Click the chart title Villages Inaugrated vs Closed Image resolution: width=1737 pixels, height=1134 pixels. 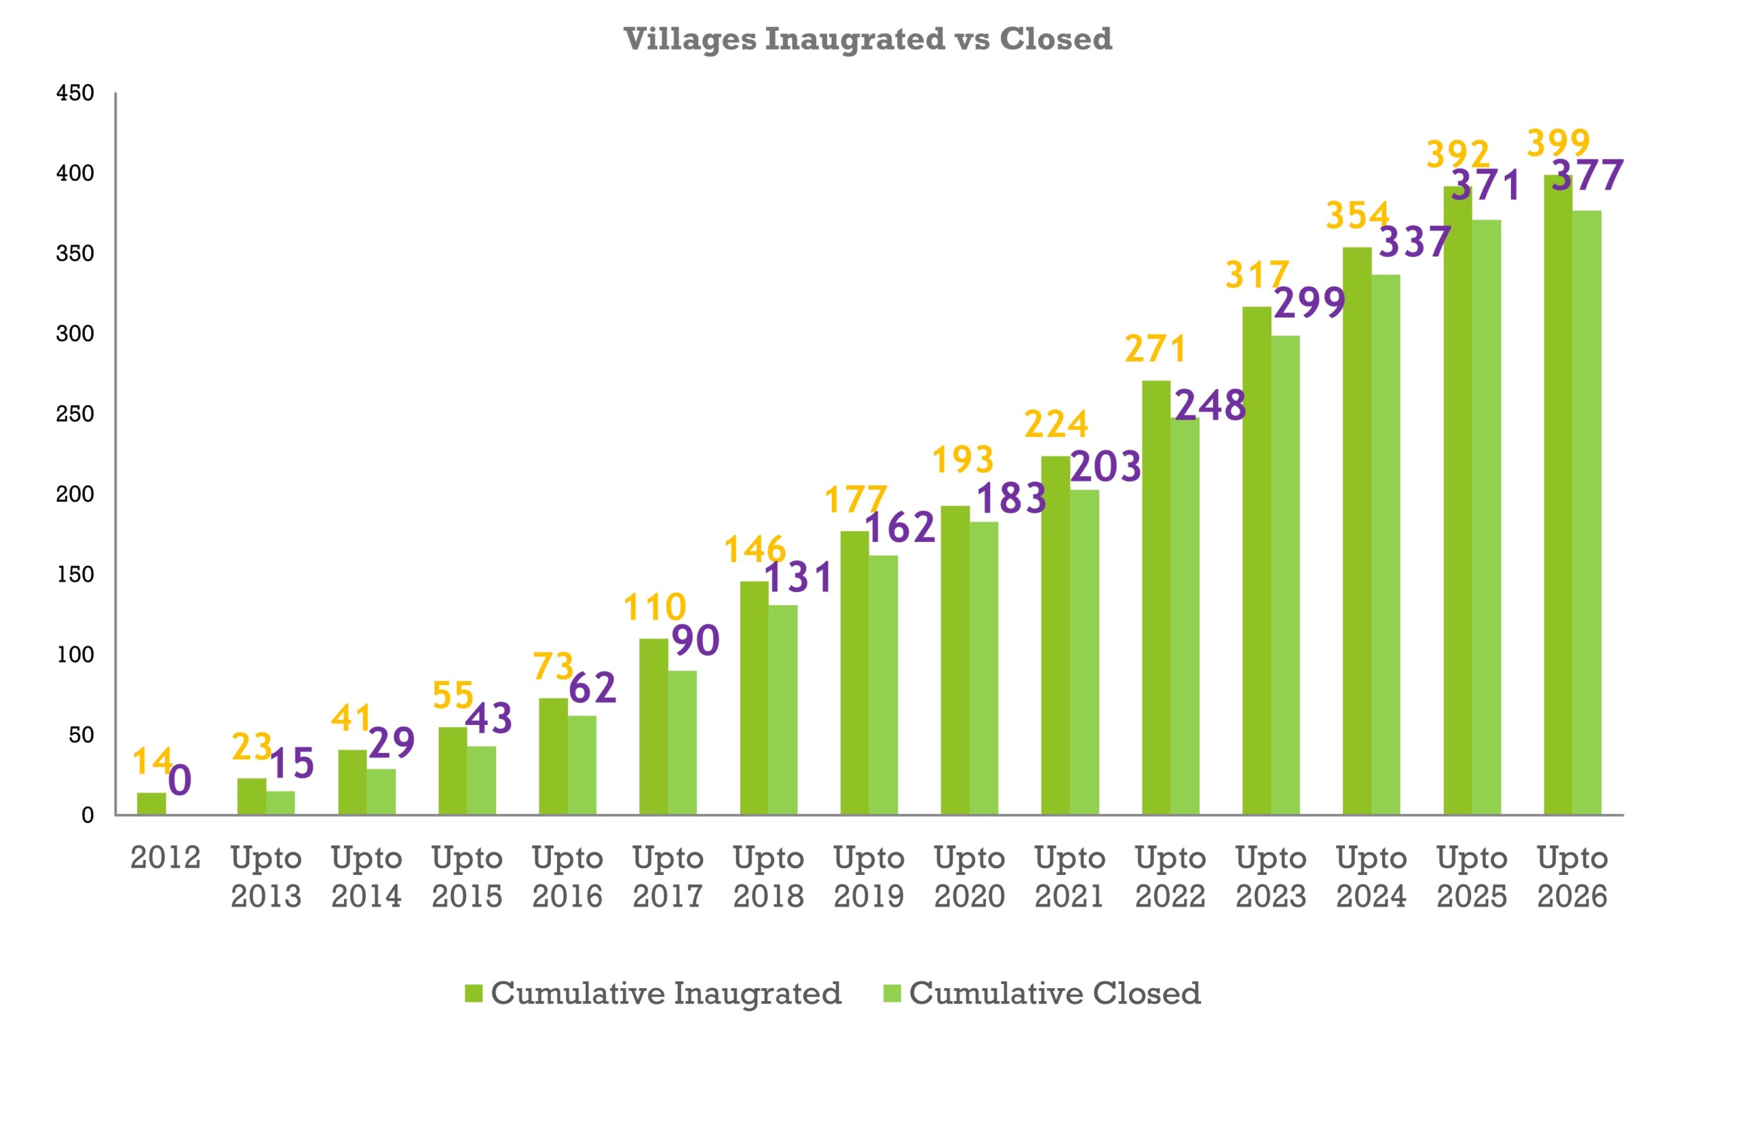point(868,39)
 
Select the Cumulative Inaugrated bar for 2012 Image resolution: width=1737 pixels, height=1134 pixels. point(151,804)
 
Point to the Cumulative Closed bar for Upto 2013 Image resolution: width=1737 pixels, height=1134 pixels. point(280,803)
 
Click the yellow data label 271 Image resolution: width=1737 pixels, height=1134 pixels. point(1156,349)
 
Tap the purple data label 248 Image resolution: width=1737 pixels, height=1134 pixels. point(1210,405)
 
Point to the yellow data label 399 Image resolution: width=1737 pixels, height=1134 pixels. point(1558,143)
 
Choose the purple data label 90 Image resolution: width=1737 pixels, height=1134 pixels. point(695,641)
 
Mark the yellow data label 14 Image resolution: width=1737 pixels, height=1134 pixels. point(152,762)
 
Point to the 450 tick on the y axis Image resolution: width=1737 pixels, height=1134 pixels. point(75,94)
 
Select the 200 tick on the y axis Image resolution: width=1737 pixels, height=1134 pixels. point(75,494)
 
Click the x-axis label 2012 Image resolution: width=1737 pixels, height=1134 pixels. point(165,858)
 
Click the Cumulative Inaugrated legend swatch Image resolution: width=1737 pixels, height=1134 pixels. point(474,993)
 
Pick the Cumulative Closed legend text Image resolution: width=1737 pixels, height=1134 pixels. point(1054,993)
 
